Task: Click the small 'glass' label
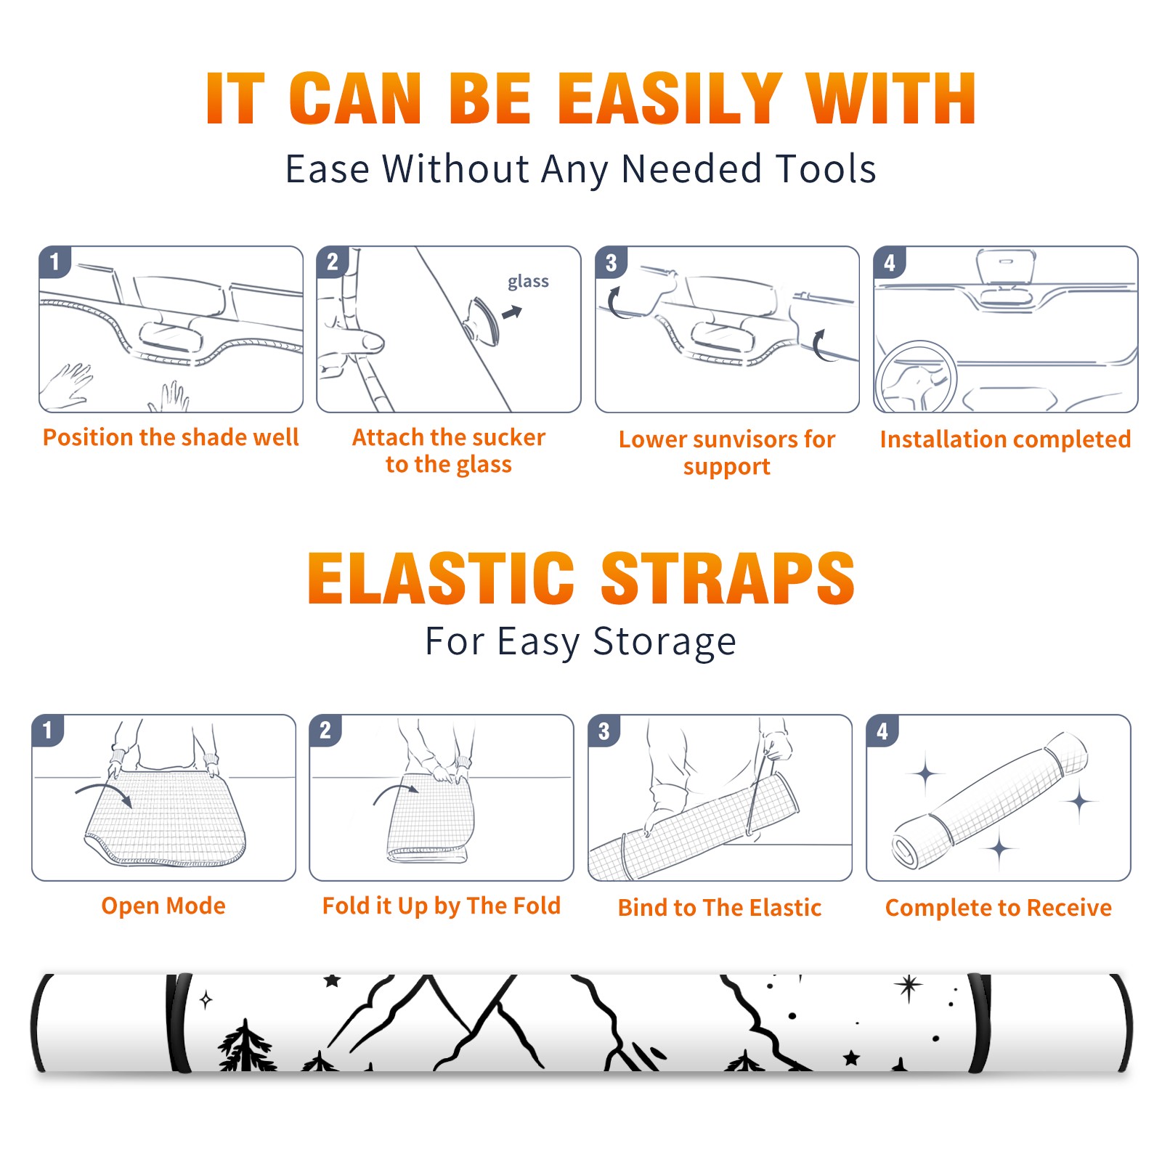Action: click(x=528, y=281)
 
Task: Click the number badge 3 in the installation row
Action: click(x=611, y=262)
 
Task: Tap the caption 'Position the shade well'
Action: click(x=171, y=437)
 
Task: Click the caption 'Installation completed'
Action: click(x=1005, y=439)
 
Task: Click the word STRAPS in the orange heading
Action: click(x=728, y=578)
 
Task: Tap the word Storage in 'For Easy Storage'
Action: click(x=665, y=642)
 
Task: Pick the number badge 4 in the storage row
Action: click(x=882, y=731)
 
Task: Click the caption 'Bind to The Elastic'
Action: click(x=719, y=908)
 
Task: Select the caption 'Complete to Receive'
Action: click(x=999, y=908)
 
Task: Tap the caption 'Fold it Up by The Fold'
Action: click(x=442, y=906)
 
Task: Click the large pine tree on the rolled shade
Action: click(x=246, y=1046)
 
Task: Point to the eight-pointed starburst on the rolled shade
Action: click(x=908, y=986)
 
